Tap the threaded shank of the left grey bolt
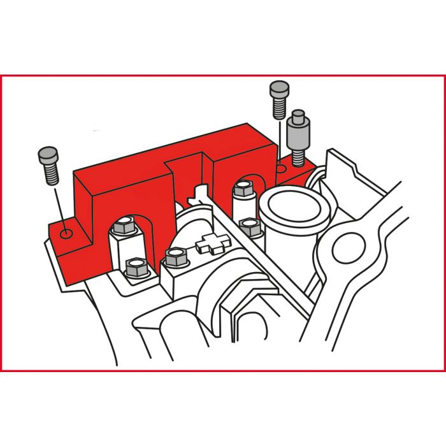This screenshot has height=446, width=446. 50,173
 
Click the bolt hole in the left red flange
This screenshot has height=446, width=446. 64,234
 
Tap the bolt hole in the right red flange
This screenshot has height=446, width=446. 280,169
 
